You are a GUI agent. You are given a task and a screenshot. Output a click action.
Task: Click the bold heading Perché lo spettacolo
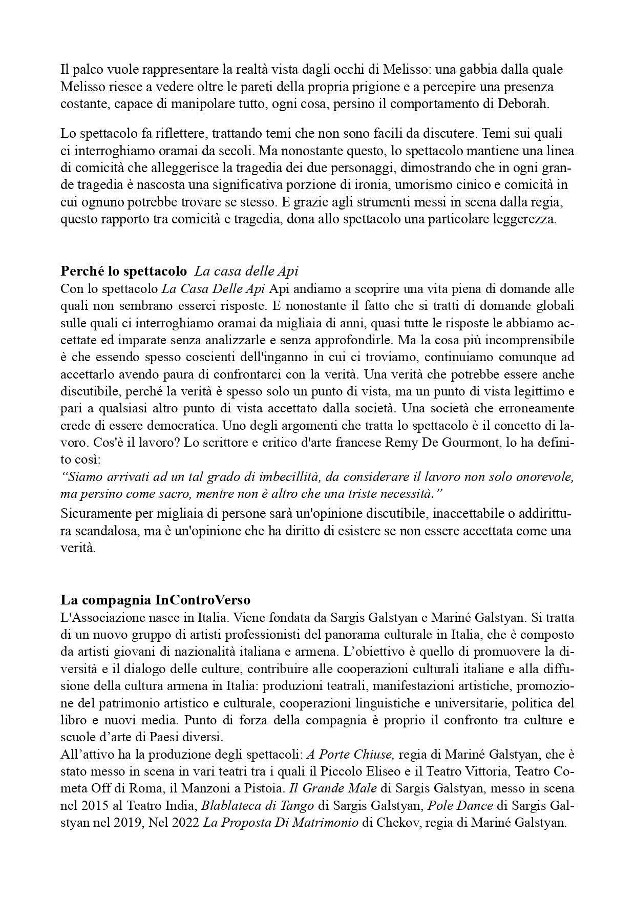click(123, 271)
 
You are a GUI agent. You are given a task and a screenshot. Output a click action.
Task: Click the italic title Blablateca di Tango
click(258, 805)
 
